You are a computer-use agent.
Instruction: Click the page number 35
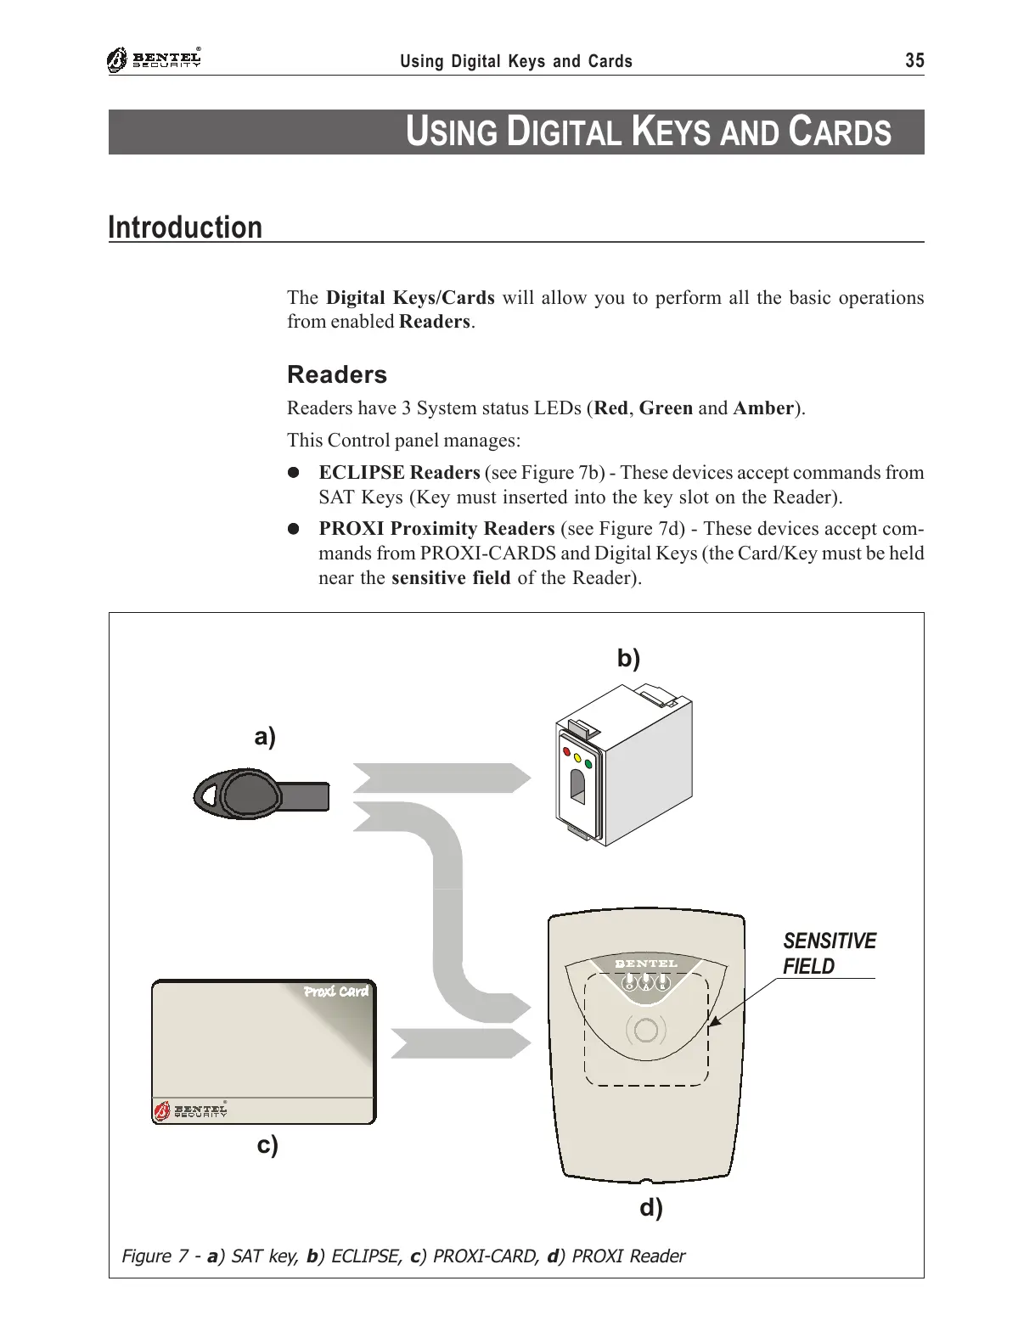click(914, 60)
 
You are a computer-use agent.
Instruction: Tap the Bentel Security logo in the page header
click(155, 60)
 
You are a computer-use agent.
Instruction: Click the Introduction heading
click(185, 228)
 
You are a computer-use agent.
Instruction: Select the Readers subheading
click(336, 374)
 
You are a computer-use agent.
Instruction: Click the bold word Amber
click(762, 408)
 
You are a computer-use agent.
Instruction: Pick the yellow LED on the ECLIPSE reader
click(577, 757)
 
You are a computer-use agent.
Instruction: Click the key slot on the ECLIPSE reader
click(577, 788)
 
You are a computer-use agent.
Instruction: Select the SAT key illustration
click(259, 796)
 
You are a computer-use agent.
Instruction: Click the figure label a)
click(265, 737)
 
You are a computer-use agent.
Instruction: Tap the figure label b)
click(627, 659)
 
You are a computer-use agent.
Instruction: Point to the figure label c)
click(267, 1145)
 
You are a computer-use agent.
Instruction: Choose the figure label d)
click(650, 1207)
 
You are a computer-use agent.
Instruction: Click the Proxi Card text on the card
click(336, 992)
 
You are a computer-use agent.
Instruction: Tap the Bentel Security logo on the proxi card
click(190, 1110)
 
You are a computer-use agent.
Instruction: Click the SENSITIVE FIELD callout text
click(828, 953)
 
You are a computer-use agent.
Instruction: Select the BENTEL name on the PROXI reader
click(646, 964)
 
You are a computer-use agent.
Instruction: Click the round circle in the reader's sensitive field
click(645, 1030)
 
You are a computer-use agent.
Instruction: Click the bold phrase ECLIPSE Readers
click(399, 473)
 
